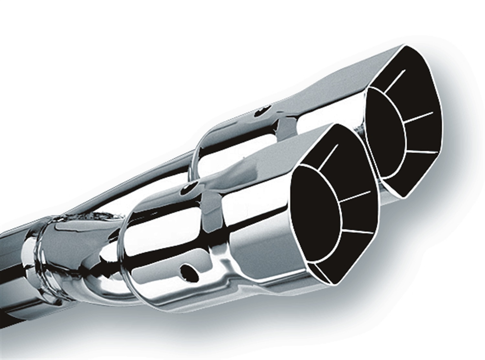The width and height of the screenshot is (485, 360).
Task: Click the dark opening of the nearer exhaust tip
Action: pyautogui.click(x=333, y=207)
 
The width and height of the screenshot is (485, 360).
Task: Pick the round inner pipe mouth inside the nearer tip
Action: pyautogui.click(x=317, y=210)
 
